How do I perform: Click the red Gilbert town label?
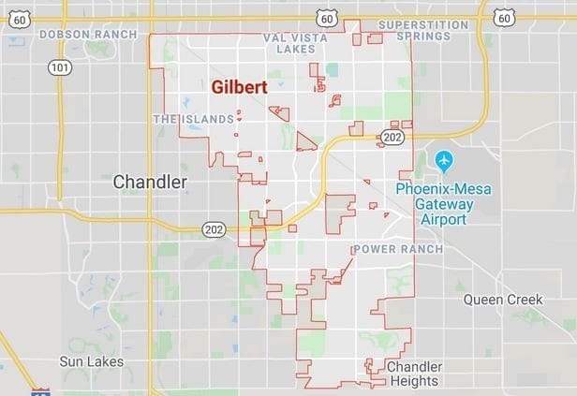[240, 87]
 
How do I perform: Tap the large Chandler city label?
[150, 183]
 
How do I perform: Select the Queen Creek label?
[504, 300]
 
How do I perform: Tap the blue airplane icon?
[444, 161]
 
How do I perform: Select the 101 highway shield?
[59, 67]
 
